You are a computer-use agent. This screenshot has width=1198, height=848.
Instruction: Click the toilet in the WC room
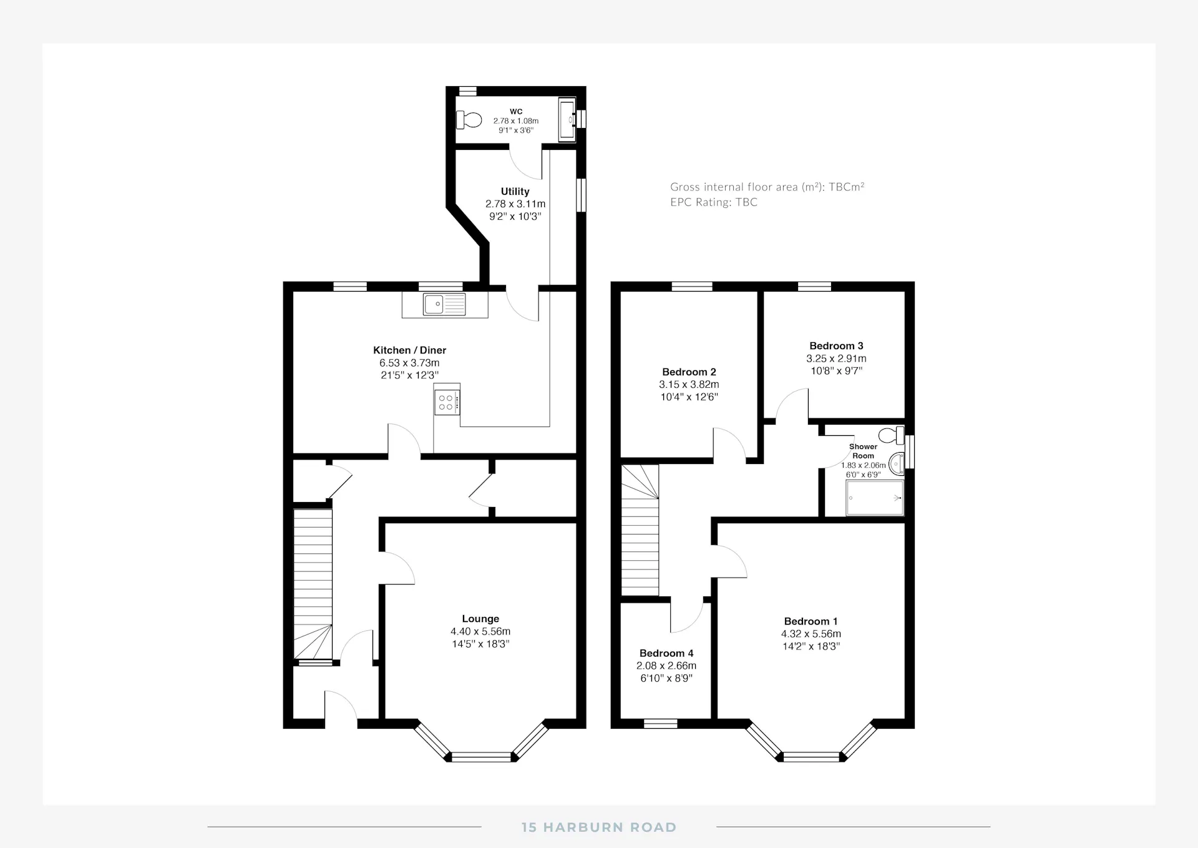[x=469, y=119]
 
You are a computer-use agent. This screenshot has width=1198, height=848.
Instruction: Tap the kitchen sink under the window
[x=444, y=304]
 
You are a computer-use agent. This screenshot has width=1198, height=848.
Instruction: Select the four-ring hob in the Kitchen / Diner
[x=447, y=402]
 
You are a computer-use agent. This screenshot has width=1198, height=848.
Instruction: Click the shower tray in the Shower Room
[x=875, y=498]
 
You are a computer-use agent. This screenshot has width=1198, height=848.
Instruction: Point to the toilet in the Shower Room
[x=892, y=435]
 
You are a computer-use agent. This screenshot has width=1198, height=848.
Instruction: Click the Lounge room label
[x=480, y=619]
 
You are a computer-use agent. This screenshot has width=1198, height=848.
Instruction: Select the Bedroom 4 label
[x=666, y=653]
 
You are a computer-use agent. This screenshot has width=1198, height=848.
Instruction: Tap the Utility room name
[x=515, y=192]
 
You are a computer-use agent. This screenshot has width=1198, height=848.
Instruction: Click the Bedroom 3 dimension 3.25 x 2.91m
[x=836, y=358]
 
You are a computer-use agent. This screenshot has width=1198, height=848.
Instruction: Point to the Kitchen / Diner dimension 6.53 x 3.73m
[x=409, y=363]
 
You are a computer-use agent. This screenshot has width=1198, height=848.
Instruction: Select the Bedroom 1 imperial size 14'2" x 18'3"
[x=811, y=646]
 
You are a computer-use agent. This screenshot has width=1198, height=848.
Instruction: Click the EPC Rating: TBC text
[x=714, y=202]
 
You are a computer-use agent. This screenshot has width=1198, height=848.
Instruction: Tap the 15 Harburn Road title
[x=599, y=827]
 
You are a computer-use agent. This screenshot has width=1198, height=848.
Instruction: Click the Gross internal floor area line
[x=767, y=187]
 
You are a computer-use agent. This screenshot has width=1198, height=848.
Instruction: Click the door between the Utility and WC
[x=526, y=162]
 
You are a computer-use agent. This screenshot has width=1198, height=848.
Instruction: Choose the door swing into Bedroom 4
[x=687, y=614]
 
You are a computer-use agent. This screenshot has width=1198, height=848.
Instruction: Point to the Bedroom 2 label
[x=689, y=372]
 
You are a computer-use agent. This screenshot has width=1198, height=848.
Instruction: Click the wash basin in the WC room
[x=567, y=119]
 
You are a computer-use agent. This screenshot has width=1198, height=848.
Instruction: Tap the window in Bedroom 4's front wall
[x=661, y=724]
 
